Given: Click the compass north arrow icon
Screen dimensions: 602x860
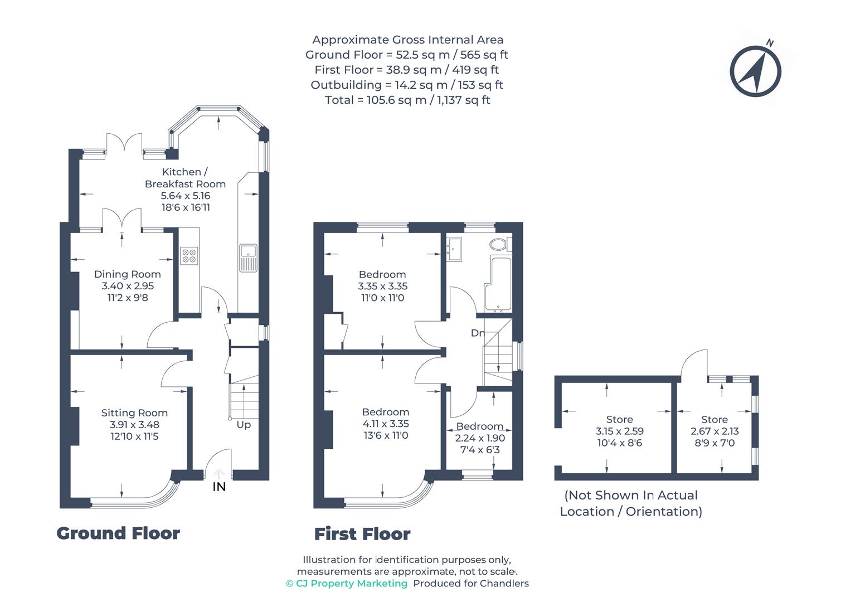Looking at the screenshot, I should click(755, 71).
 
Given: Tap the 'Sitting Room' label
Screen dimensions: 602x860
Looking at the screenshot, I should click(134, 413).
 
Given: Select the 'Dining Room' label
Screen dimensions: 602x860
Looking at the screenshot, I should click(127, 274).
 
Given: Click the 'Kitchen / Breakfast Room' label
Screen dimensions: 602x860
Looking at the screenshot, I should click(185, 178).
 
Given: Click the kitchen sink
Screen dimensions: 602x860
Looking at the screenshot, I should click(247, 258).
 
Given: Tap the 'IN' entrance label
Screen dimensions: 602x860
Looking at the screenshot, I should click(220, 487).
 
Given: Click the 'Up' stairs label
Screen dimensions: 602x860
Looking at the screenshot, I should click(244, 425).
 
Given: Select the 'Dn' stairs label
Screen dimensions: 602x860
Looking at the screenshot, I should click(477, 333).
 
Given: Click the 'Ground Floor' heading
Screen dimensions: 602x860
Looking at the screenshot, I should click(118, 533).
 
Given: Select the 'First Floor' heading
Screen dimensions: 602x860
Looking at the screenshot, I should click(362, 534).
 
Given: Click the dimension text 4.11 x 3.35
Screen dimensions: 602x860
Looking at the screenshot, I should click(385, 424).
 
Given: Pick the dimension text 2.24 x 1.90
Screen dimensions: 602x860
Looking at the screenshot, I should click(480, 438).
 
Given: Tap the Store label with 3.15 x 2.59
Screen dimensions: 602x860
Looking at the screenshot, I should click(619, 420).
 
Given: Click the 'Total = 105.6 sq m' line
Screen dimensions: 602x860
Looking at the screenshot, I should click(407, 100).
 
